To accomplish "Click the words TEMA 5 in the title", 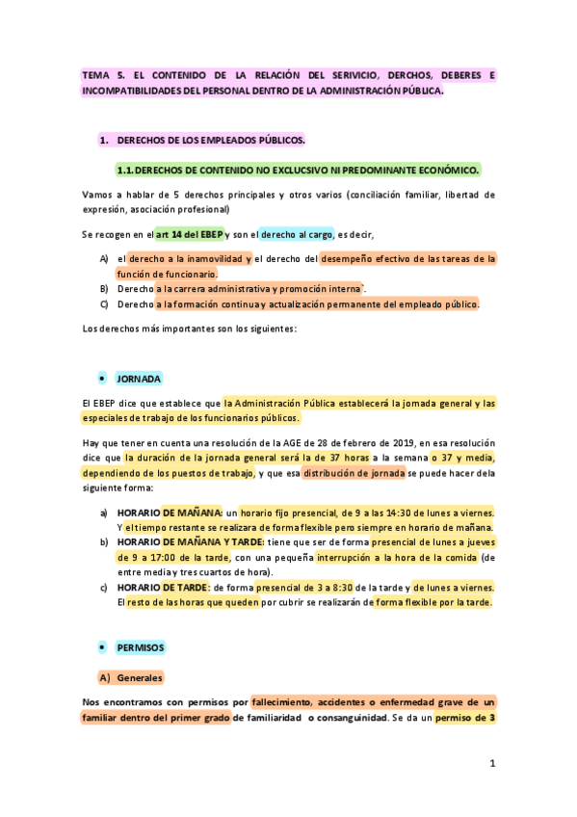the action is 104,74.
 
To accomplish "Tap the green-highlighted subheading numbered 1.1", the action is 298,171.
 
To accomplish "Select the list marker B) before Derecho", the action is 104,288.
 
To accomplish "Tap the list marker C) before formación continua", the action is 104,304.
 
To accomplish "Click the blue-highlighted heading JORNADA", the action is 139,379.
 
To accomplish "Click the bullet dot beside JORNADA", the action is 101,379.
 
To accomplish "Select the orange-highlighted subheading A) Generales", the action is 132,678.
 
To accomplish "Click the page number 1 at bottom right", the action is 491,764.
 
